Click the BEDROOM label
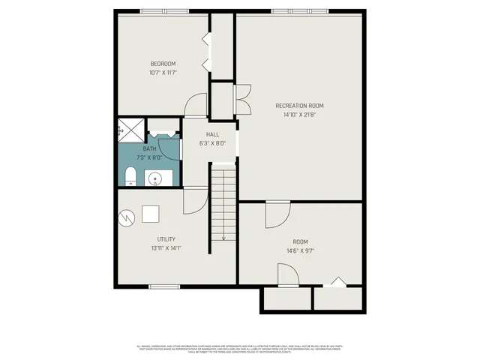click(x=163, y=63)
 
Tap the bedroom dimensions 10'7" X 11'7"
click(x=163, y=73)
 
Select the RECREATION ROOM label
click(x=299, y=106)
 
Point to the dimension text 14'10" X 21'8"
click(x=299, y=115)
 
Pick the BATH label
click(x=150, y=148)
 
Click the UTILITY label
click(x=166, y=239)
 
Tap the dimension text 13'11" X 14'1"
click(x=166, y=248)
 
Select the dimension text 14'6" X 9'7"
click(x=301, y=250)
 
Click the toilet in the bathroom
click(x=130, y=177)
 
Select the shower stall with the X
click(x=130, y=130)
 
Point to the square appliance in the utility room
click(x=151, y=214)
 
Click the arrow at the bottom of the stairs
click(x=223, y=237)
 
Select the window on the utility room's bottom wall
click(x=163, y=286)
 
